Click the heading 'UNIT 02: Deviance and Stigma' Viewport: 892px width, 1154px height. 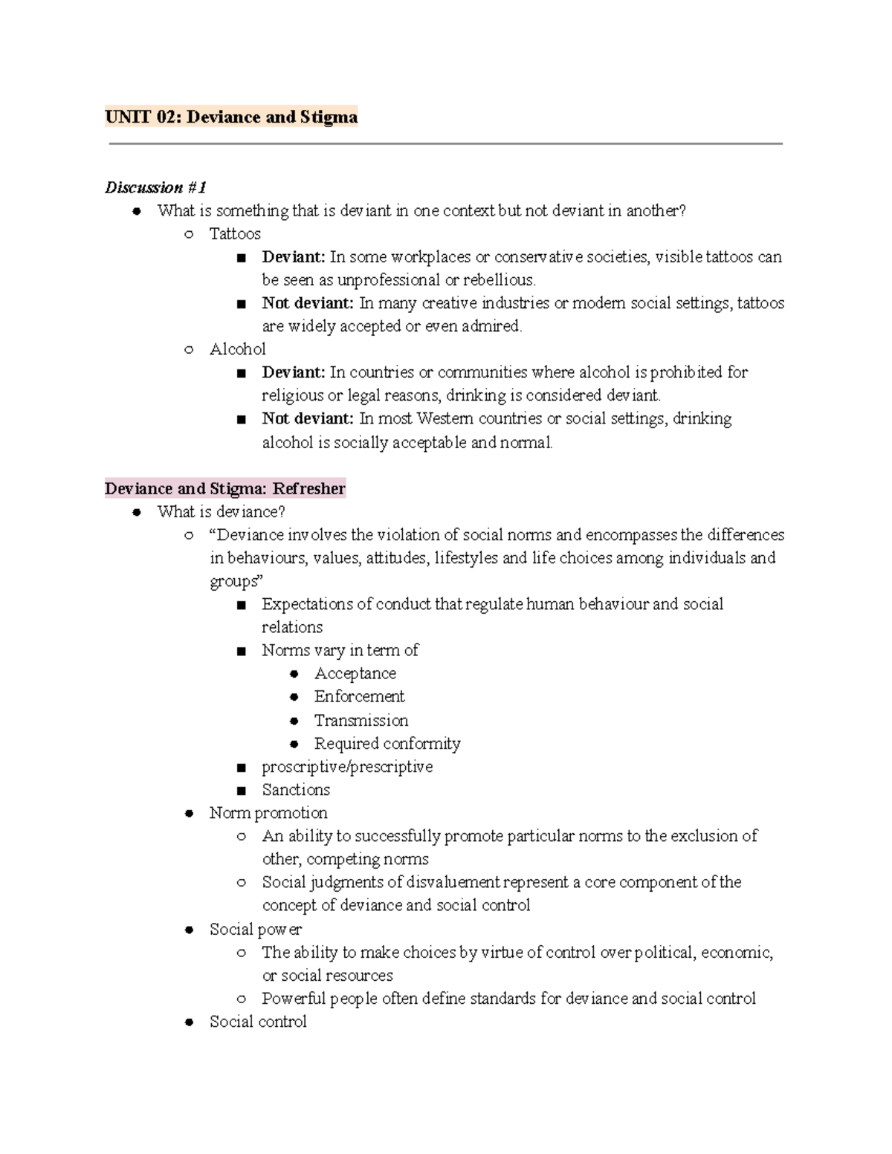point(231,117)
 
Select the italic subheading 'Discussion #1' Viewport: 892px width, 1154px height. point(155,187)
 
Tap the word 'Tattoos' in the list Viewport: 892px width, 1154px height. point(235,234)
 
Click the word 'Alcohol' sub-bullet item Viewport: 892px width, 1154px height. point(237,349)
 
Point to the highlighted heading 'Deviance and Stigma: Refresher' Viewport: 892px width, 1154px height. point(224,488)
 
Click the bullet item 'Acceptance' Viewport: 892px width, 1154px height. point(355,673)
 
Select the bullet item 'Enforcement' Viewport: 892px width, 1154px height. point(359,696)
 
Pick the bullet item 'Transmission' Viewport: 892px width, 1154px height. point(361,720)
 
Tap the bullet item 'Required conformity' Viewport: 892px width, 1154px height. point(387,743)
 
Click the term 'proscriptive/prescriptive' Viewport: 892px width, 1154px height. point(347,766)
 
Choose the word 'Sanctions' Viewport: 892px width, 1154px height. point(296,789)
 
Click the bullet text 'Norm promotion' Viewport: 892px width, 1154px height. point(268,812)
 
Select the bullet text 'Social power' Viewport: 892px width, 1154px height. point(256,929)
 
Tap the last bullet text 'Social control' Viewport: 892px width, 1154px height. point(258,1022)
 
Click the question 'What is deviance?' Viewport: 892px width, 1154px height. point(221,511)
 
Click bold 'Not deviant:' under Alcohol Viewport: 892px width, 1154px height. point(308,418)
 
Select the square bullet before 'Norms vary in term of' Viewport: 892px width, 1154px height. point(241,651)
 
